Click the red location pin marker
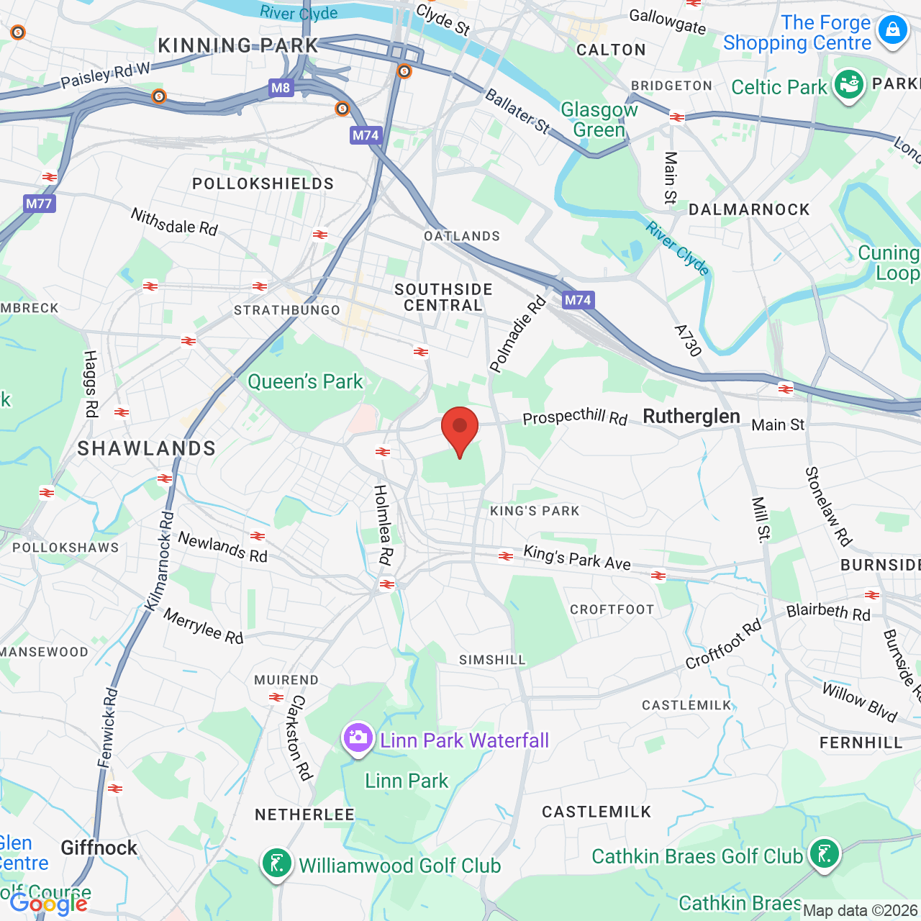coord(460,429)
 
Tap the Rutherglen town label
coord(691,417)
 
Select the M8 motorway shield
coord(281,88)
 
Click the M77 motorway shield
coord(39,204)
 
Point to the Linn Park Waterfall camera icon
coord(358,738)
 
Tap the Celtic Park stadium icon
coord(849,84)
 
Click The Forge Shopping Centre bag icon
coord(893,30)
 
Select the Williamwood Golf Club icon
coord(276,863)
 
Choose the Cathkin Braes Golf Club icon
coord(824,853)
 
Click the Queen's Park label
coord(305,381)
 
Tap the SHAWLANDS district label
coord(147,448)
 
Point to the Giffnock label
coord(99,848)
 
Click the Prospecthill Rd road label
coord(575,417)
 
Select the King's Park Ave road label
coord(577,558)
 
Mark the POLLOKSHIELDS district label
coord(263,183)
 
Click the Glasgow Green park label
coord(599,119)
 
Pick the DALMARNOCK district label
coord(749,209)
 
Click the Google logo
coord(48,904)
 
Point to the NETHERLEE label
coord(304,815)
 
